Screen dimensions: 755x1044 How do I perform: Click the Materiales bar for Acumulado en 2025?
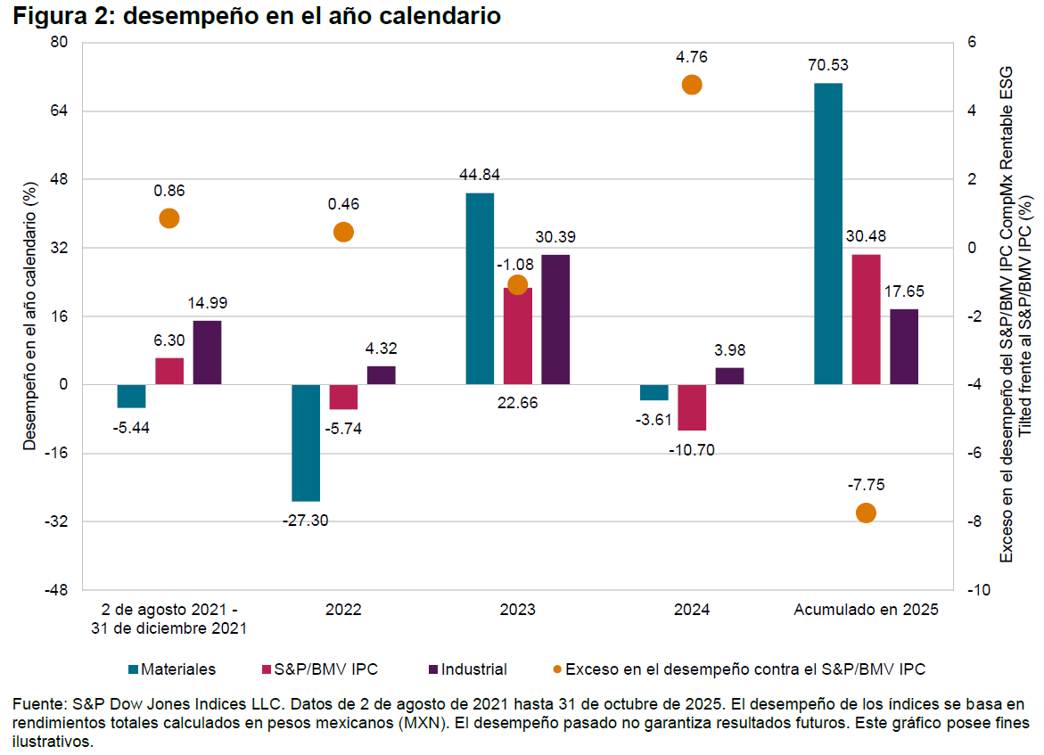828,234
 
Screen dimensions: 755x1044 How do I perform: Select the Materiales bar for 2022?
306,443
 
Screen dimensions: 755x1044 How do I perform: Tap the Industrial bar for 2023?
555,319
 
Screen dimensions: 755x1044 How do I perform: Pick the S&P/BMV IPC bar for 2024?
692,407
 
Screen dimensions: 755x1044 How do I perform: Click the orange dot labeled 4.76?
692,85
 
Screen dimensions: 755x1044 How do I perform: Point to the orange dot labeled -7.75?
866,513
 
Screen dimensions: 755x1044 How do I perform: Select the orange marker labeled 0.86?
169,218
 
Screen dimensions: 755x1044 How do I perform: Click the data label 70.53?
828,65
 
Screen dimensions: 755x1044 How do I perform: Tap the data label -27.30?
306,521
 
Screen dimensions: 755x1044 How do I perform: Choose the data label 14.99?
208,303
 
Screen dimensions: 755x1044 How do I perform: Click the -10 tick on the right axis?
974,590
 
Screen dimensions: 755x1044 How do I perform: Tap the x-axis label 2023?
517,611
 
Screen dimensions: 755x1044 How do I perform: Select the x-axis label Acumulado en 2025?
866,611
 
